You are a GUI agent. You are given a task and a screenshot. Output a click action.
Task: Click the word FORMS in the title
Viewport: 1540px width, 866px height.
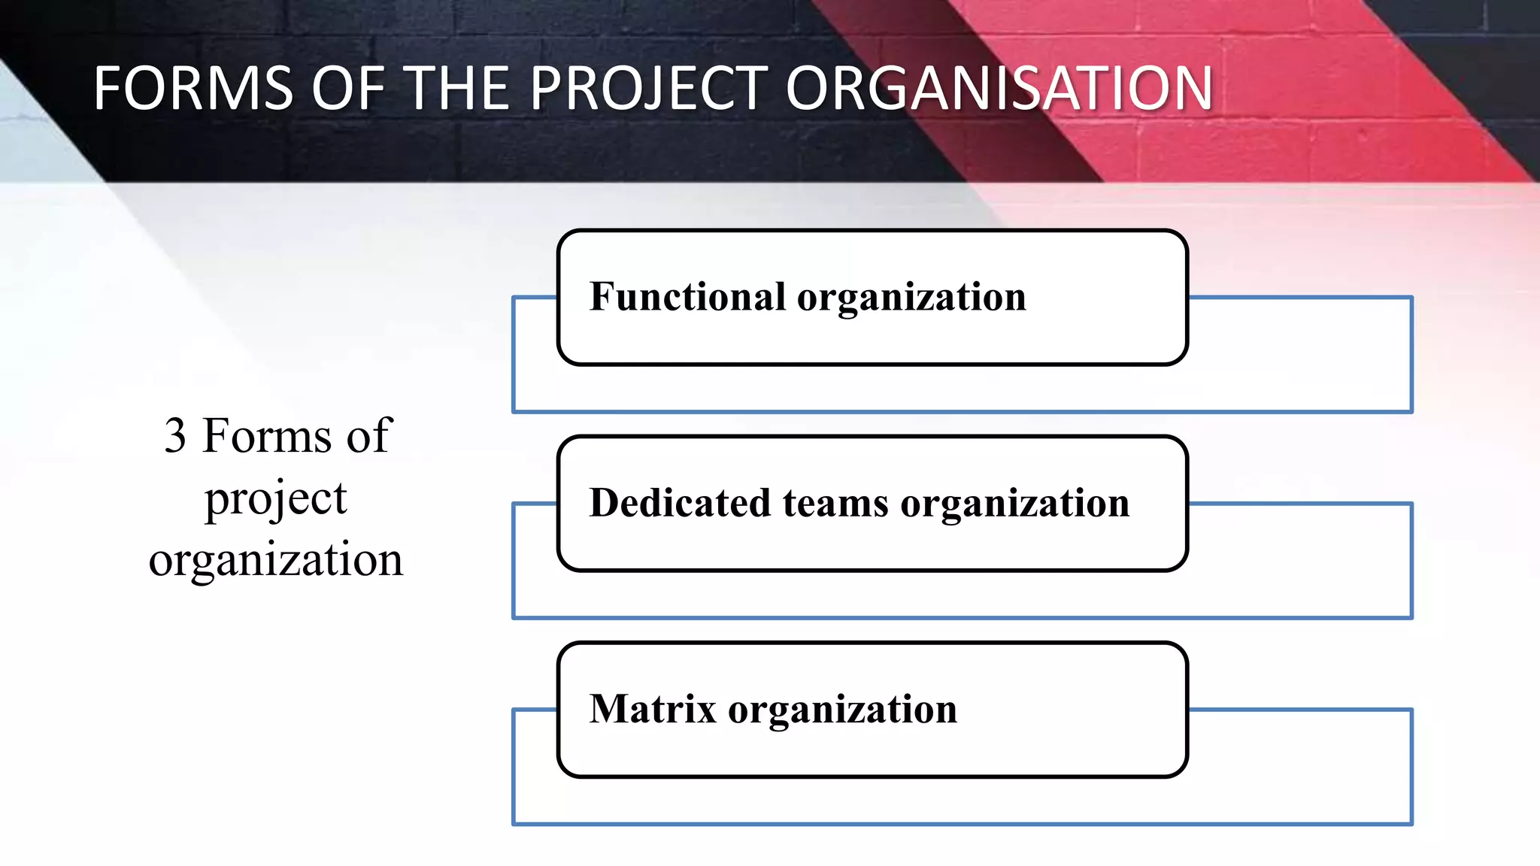click(193, 89)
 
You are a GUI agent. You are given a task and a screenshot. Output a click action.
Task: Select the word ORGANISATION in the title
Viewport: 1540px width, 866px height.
click(999, 89)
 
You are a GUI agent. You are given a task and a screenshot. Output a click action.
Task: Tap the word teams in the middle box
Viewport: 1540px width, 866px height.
click(835, 502)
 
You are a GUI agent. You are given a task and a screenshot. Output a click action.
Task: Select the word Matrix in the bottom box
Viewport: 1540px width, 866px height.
click(653, 709)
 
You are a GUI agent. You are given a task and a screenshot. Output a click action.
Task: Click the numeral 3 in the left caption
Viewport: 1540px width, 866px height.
click(175, 435)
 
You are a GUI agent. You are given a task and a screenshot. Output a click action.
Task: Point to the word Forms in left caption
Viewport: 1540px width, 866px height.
click(267, 435)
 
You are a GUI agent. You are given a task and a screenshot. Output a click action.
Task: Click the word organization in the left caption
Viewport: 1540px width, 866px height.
click(276, 560)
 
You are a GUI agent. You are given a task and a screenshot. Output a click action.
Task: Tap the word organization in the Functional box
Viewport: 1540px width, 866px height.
click(911, 298)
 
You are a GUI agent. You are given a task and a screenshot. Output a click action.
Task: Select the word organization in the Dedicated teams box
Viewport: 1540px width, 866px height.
click(1015, 504)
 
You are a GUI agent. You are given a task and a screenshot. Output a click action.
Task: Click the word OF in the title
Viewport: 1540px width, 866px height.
click(348, 89)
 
